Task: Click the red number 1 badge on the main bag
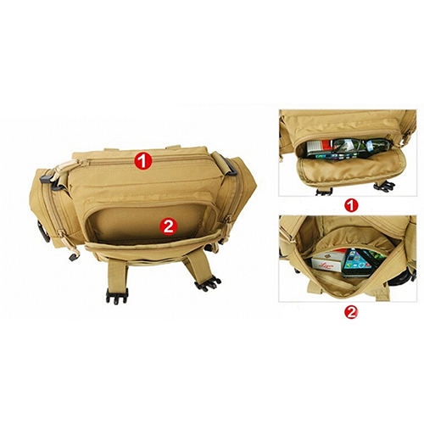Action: point(143,161)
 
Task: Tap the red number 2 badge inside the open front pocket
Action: point(169,226)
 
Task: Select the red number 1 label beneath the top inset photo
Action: point(351,205)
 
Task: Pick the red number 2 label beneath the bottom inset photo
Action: point(351,312)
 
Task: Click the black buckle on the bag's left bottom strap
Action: point(117,296)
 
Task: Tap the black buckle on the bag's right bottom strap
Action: point(208,282)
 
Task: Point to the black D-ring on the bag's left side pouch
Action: point(42,232)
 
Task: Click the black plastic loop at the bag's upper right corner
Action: point(228,165)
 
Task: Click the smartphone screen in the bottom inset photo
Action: point(357,263)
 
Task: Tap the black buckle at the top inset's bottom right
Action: point(384,186)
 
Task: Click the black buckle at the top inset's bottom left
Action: point(324,192)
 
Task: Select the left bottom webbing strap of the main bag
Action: point(117,273)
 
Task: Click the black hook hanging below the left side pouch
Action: point(74,257)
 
